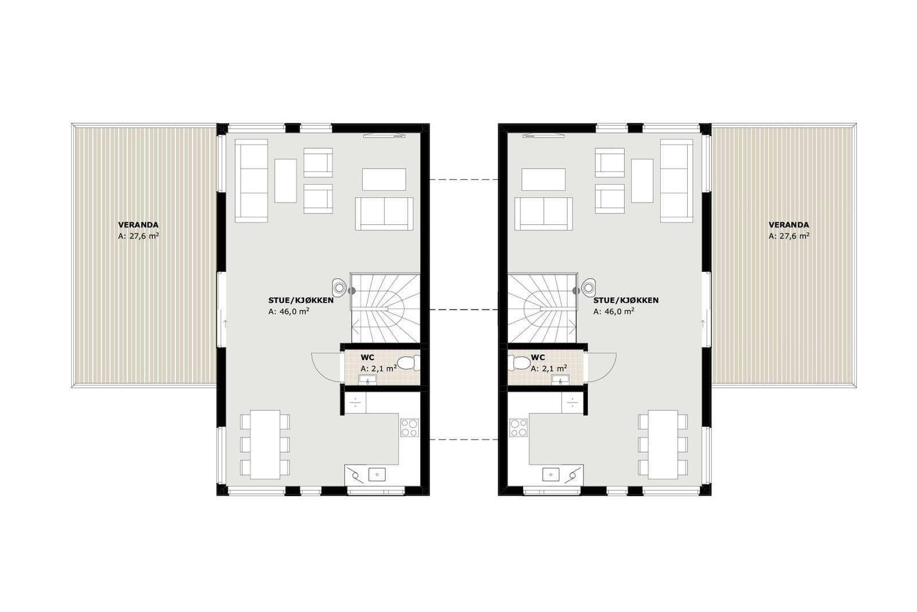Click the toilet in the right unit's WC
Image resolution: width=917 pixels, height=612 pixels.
pyautogui.click(x=521, y=363)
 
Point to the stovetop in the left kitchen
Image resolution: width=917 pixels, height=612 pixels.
pyautogui.click(x=409, y=428)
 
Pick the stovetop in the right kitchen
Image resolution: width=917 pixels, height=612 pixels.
pyautogui.click(x=518, y=428)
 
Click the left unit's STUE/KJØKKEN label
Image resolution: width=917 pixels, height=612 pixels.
pyautogui.click(x=295, y=301)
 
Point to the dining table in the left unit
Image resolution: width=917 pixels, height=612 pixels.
pyautogui.click(x=265, y=444)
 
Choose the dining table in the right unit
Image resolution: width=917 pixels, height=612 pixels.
pyautogui.click(x=663, y=444)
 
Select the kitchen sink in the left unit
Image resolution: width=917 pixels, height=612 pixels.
pyautogui.click(x=377, y=473)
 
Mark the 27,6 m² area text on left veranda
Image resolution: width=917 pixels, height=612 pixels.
pyautogui.click(x=138, y=236)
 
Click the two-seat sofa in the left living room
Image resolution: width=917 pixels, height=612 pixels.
pyautogui.click(x=384, y=213)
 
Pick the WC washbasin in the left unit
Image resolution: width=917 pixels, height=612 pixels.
pyautogui.click(x=366, y=379)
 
